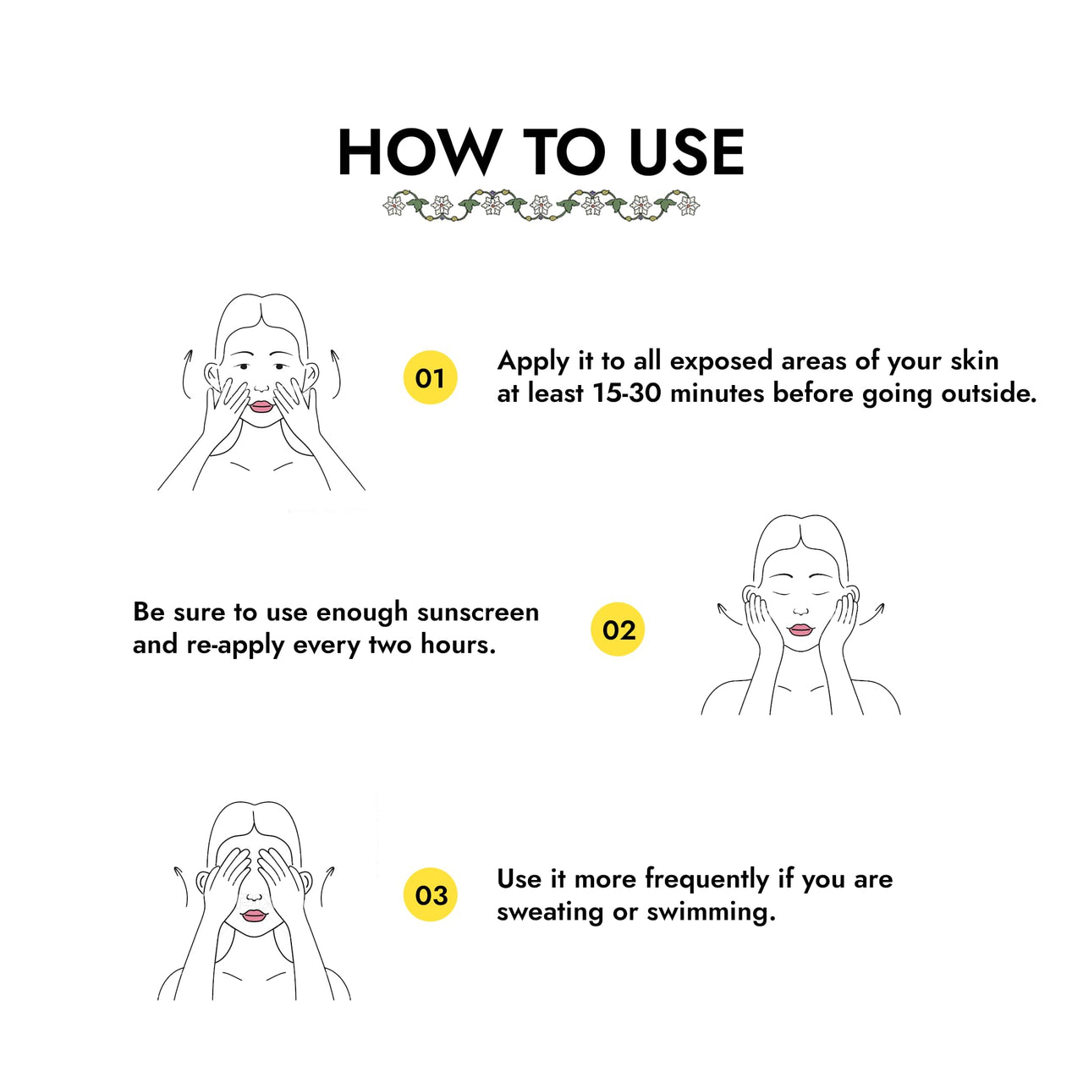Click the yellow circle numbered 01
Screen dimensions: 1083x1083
tap(430, 377)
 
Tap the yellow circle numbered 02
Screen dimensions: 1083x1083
tap(617, 629)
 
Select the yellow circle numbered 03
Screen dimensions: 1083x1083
tap(430, 894)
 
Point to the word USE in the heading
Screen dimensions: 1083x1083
tap(686, 152)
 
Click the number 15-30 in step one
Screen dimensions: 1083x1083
tap(628, 393)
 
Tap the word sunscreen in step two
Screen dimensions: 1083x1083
tap(478, 613)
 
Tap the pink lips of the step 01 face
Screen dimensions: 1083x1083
tap(261, 406)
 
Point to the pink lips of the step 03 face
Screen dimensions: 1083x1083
tap(253, 915)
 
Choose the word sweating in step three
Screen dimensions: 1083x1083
tap(550, 912)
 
